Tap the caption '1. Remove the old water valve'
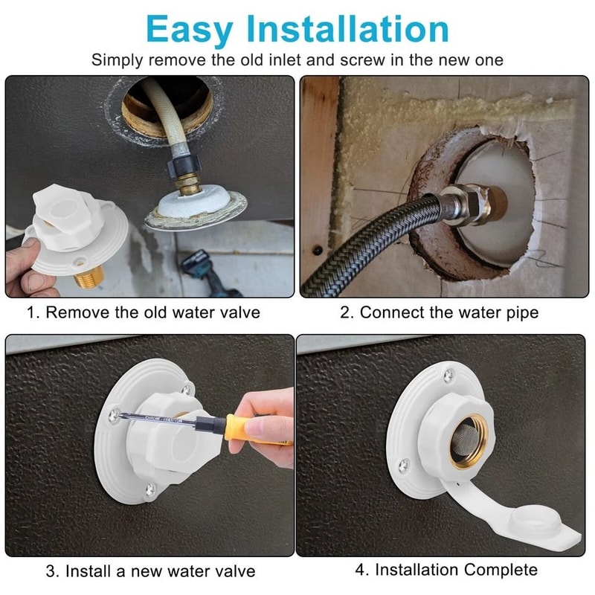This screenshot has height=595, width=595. (144, 312)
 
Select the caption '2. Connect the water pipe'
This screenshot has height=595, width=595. (439, 312)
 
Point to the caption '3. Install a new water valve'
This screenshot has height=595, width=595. (150, 571)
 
